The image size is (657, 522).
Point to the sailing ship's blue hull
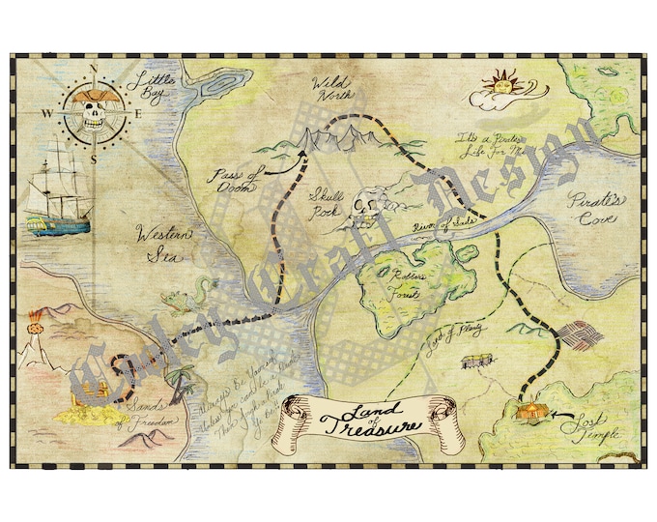[59, 226]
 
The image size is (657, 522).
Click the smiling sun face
[501, 87]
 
